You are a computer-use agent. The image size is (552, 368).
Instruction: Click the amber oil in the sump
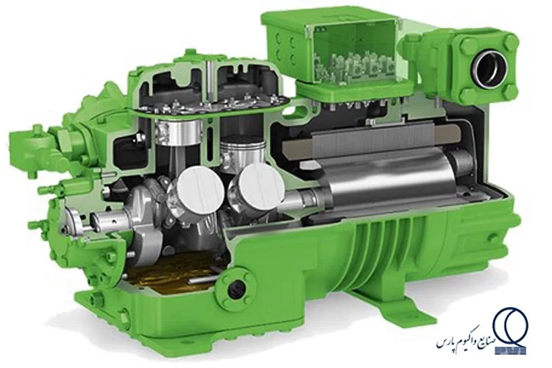tap(169, 273)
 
